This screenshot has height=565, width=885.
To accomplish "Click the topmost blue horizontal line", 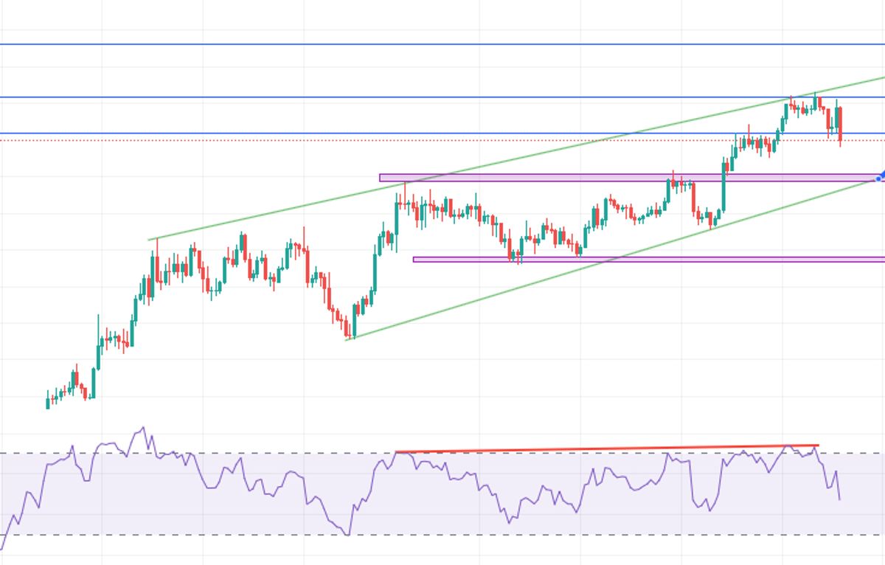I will (x=442, y=44).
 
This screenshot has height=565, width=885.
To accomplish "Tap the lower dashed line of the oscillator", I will (x=221, y=535).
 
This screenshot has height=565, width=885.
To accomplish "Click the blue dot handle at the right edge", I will (x=879, y=178).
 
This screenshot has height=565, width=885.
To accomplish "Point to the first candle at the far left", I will (x=48, y=402).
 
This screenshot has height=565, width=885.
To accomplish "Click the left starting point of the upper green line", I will (x=150, y=239).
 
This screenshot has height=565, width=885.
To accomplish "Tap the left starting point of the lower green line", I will (x=347, y=339).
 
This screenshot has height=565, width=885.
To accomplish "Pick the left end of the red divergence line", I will (x=397, y=451).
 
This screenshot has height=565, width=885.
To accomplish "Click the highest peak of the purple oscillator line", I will (x=142, y=427).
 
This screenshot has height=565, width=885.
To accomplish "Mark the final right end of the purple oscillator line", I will (x=839, y=499).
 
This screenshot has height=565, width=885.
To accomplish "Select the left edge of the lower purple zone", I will (x=414, y=259).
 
